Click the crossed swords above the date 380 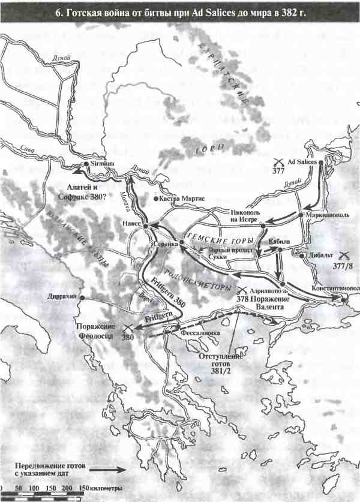(127, 327)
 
